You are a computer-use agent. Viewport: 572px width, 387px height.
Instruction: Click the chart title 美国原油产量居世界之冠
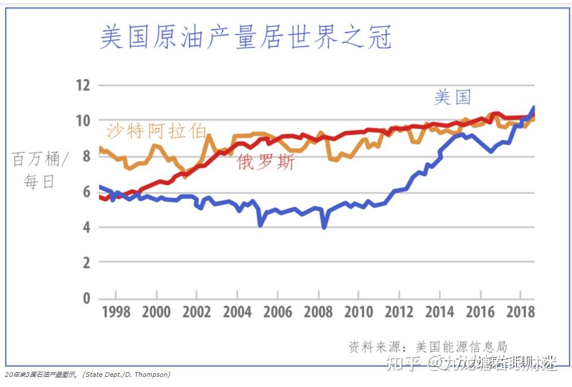(x=246, y=37)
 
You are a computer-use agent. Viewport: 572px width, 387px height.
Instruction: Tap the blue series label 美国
(x=452, y=97)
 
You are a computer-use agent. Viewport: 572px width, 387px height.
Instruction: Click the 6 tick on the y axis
(x=86, y=192)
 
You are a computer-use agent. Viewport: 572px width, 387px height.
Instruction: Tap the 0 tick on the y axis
(x=86, y=298)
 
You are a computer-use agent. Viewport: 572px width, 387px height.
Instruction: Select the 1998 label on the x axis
(x=116, y=312)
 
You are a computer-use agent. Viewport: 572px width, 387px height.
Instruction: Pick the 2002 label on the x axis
(x=197, y=312)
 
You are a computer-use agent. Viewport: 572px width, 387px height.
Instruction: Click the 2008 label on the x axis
(x=318, y=312)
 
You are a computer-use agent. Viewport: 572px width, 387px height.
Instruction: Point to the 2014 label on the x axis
(x=440, y=312)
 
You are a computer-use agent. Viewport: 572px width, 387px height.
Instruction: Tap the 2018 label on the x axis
(x=521, y=312)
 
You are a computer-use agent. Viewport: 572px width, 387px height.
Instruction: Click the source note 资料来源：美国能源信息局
(x=428, y=346)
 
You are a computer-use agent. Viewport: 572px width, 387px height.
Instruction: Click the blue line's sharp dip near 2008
(x=324, y=227)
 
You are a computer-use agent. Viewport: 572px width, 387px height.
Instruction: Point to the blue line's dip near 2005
(x=260, y=225)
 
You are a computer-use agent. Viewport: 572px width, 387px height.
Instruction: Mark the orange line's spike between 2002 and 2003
(x=209, y=136)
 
